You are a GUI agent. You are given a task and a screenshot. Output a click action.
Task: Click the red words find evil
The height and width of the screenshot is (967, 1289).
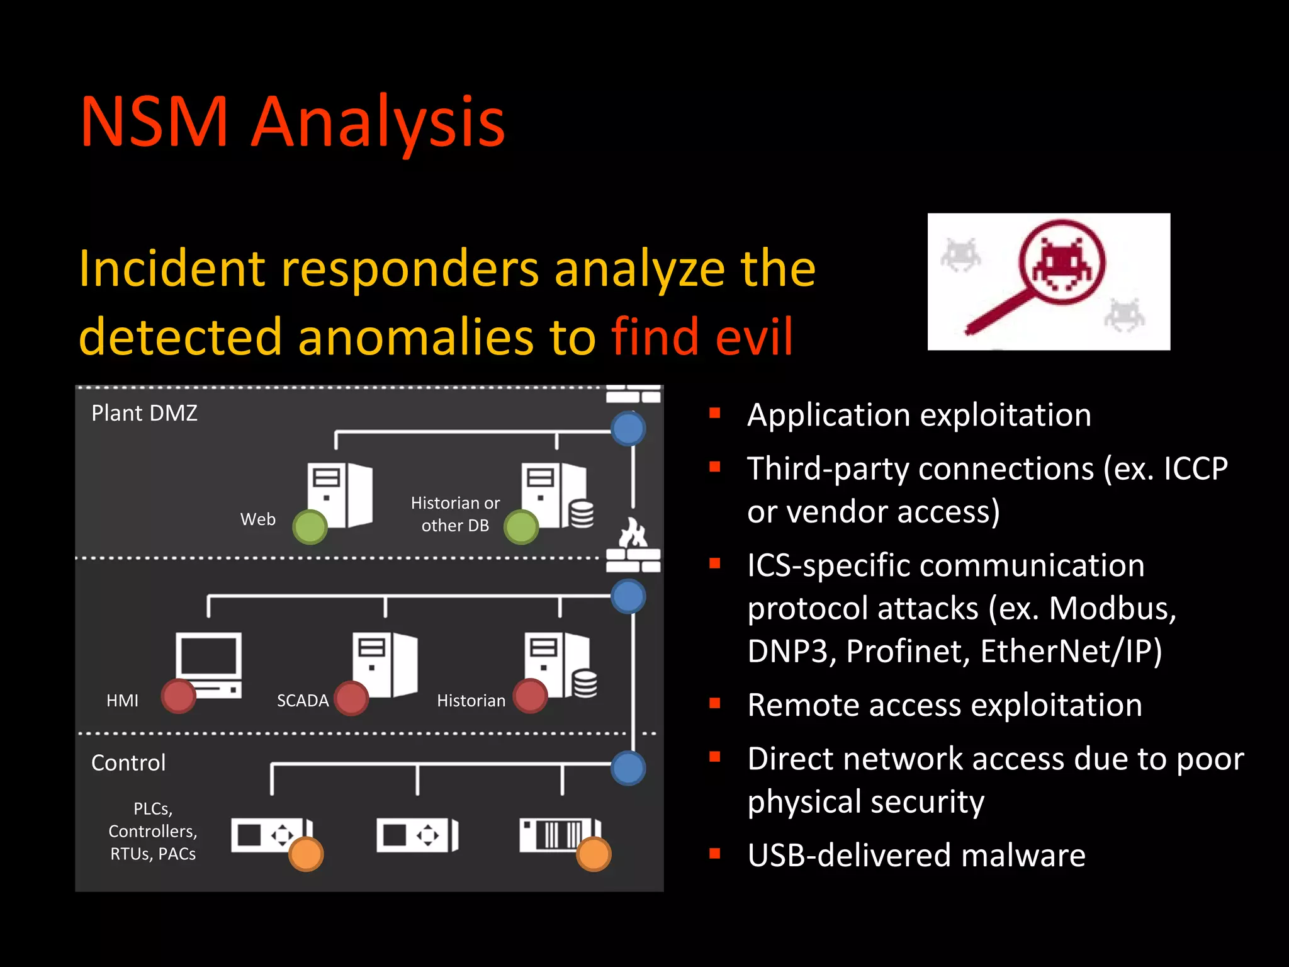click(702, 337)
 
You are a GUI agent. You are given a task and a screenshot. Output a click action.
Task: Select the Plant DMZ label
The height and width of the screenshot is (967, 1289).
click(144, 413)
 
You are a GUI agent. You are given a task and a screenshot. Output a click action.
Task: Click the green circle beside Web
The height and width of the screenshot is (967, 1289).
click(310, 527)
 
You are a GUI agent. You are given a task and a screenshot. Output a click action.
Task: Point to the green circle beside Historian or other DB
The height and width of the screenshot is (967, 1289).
click(521, 527)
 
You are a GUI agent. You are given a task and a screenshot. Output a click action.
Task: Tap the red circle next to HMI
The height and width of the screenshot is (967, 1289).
click(179, 696)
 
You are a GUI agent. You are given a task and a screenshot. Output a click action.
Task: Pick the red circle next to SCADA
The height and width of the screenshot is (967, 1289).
click(351, 698)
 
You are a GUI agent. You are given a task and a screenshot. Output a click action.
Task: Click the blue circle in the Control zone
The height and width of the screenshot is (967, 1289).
click(628, 768)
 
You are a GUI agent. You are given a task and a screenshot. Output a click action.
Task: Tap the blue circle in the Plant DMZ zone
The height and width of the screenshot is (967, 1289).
click(628, 429)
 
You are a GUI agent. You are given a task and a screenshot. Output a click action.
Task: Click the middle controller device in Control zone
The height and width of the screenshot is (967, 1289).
click(417, 835)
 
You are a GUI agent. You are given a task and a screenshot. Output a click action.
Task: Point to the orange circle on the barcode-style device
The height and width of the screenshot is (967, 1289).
click(594, 854)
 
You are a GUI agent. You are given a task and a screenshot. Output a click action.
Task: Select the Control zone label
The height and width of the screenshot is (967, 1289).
click(128, 762)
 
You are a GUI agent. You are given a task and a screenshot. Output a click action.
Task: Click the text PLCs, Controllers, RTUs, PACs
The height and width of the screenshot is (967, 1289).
click(153, 831)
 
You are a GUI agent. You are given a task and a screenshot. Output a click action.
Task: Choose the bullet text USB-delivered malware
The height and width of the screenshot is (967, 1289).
click(916, 855)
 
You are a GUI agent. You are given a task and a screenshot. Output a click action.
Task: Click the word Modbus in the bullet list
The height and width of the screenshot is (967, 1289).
click(1112, 608)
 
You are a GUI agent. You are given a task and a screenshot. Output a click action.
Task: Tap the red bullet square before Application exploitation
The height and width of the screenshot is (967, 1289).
click(714, 414)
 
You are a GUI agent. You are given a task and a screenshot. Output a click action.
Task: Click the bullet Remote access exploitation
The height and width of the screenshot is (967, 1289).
click(944, 704)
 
